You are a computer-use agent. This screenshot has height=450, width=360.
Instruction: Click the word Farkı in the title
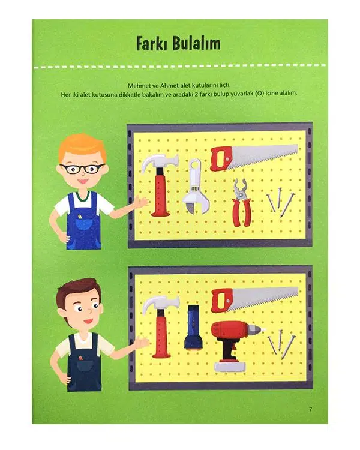click(x=151, y=44)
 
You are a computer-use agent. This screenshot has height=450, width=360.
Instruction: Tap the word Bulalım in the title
click(x=196, y=44)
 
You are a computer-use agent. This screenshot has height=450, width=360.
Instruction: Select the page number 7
click(x=310, y=409)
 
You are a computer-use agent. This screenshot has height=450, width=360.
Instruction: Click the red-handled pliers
click(x=242, y=202)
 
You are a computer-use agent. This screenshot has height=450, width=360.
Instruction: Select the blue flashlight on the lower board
click(x=194, y=327)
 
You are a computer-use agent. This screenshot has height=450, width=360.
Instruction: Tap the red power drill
click(x=235, y=344)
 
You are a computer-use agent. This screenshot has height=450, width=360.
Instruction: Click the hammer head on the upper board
click(x=159, y=164)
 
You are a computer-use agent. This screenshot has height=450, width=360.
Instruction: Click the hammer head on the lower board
click(x=160, y=305)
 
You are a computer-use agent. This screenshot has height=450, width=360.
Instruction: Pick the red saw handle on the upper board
click(x=221, y=159)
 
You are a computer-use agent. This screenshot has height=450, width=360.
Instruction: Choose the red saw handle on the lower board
click(x=222, y=301)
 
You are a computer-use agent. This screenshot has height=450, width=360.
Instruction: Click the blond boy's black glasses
click(x=82, y=169)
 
